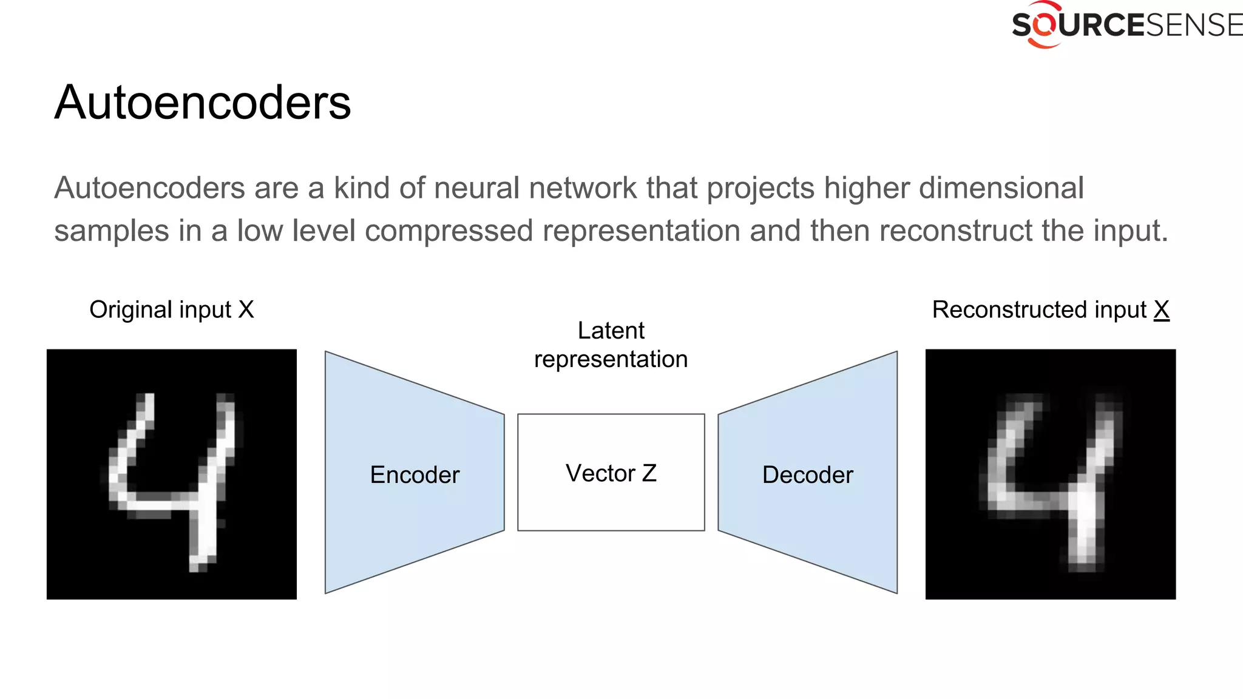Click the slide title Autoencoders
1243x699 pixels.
click(x=203, y=103)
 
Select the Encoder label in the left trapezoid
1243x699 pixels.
click(x=415, y=474)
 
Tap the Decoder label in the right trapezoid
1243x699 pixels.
click(x=807, y=474)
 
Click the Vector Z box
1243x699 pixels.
click(x=611, y=473)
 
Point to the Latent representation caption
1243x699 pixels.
click(x=611, y=345)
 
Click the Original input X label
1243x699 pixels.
click(x=172, y=309)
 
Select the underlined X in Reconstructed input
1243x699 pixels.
click(x=1161, y=309)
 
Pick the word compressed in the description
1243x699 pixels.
click(x=449, y=231)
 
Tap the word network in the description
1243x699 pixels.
click(x=583, y=188)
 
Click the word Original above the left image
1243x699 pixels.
click(x=122, y=309)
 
